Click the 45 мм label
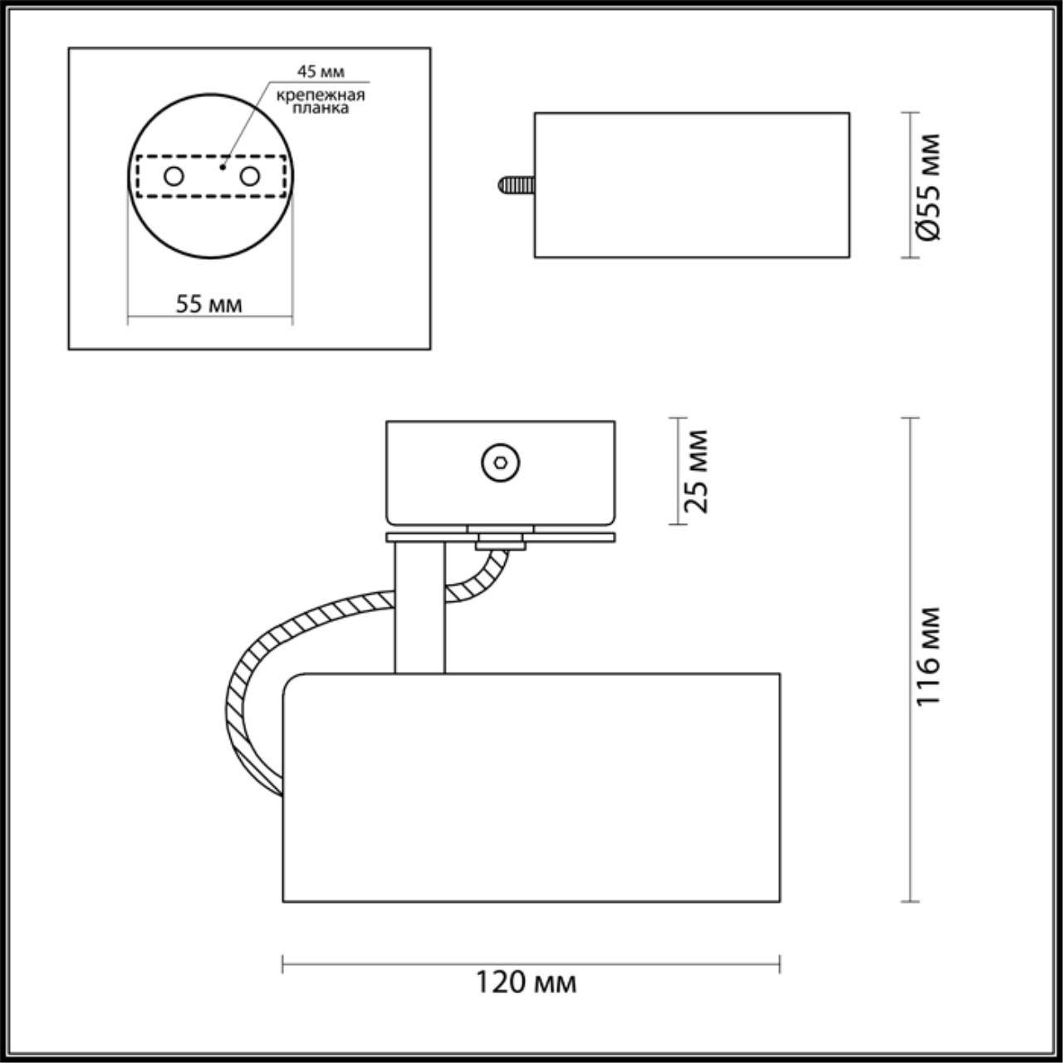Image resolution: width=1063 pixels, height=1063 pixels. [321, 72]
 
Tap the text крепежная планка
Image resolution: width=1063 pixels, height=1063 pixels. [321, 101]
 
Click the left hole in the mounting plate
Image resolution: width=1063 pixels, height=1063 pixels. [174, 176]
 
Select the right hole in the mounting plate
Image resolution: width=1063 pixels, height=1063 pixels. [249, 176]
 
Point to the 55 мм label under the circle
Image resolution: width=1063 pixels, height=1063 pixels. [208, 304]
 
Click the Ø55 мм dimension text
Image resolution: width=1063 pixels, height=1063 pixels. [930, 186]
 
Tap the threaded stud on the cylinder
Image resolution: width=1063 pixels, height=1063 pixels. [516, 184]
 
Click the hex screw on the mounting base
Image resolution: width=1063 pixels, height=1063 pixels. [501, 462]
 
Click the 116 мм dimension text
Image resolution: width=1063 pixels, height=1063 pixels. [928, 657]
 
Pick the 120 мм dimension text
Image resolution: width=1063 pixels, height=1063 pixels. [526, 983]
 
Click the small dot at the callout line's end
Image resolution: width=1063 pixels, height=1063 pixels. [223, 166]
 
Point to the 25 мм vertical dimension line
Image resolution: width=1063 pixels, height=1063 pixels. [679, 471]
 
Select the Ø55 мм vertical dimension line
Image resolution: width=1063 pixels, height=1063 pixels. [911, 184]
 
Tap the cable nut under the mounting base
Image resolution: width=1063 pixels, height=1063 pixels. [501, 543]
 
